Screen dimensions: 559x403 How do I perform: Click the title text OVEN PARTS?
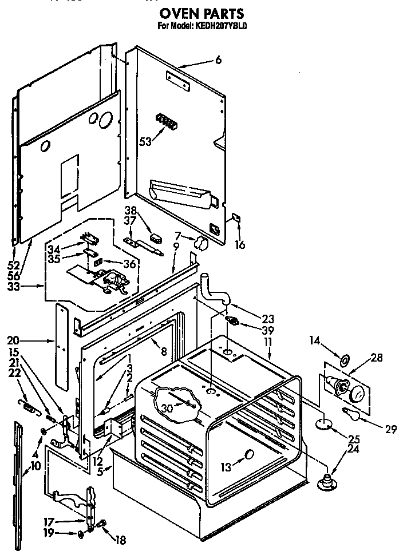(201, 13)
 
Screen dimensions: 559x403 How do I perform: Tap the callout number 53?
(146, 141)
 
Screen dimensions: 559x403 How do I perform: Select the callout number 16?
(240, 244)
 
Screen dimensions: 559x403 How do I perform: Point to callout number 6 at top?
(218, 60)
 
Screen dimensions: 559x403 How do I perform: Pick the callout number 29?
(390, 429)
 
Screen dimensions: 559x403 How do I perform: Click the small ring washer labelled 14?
(345, 362)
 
